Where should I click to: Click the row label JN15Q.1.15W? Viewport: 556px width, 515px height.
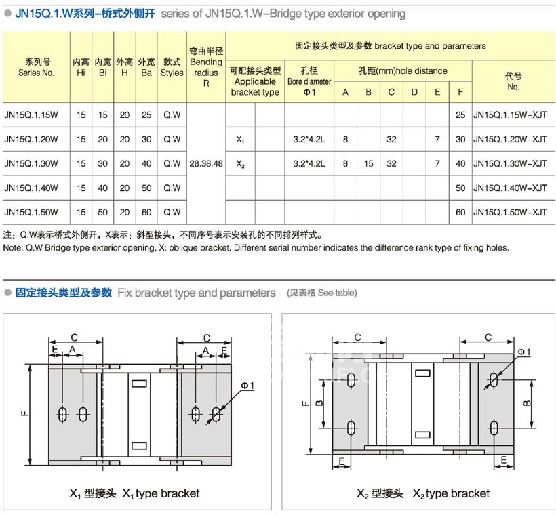pyautogui.click(x=31, y=115)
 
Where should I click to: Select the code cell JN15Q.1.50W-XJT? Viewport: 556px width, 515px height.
pyautogui.click(x=509, y=212)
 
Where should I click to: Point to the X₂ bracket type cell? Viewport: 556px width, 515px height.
pyautogui.click(x=240, y=164)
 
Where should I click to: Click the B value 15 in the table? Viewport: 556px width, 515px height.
pyautogui.click(x=368, y=164)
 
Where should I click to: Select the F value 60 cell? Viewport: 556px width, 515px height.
pyautogui.click(x=460, y=212)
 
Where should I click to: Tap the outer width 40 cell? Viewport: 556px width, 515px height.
pyautogui.click(x=146, y=164)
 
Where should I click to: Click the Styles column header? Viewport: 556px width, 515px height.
pyautogui.click(x=172, y=66)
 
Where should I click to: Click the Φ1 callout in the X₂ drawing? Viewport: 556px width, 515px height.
pyautogui.click(x=523, y=352)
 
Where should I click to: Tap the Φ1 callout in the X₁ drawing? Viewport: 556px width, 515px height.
pyautogui.click(x=247, y=386)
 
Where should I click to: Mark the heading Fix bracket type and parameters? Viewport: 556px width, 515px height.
pyautogui.click(x=197, y=293)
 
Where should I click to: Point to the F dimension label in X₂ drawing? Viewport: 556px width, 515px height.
pyautogui.click(x=303, y=404)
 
